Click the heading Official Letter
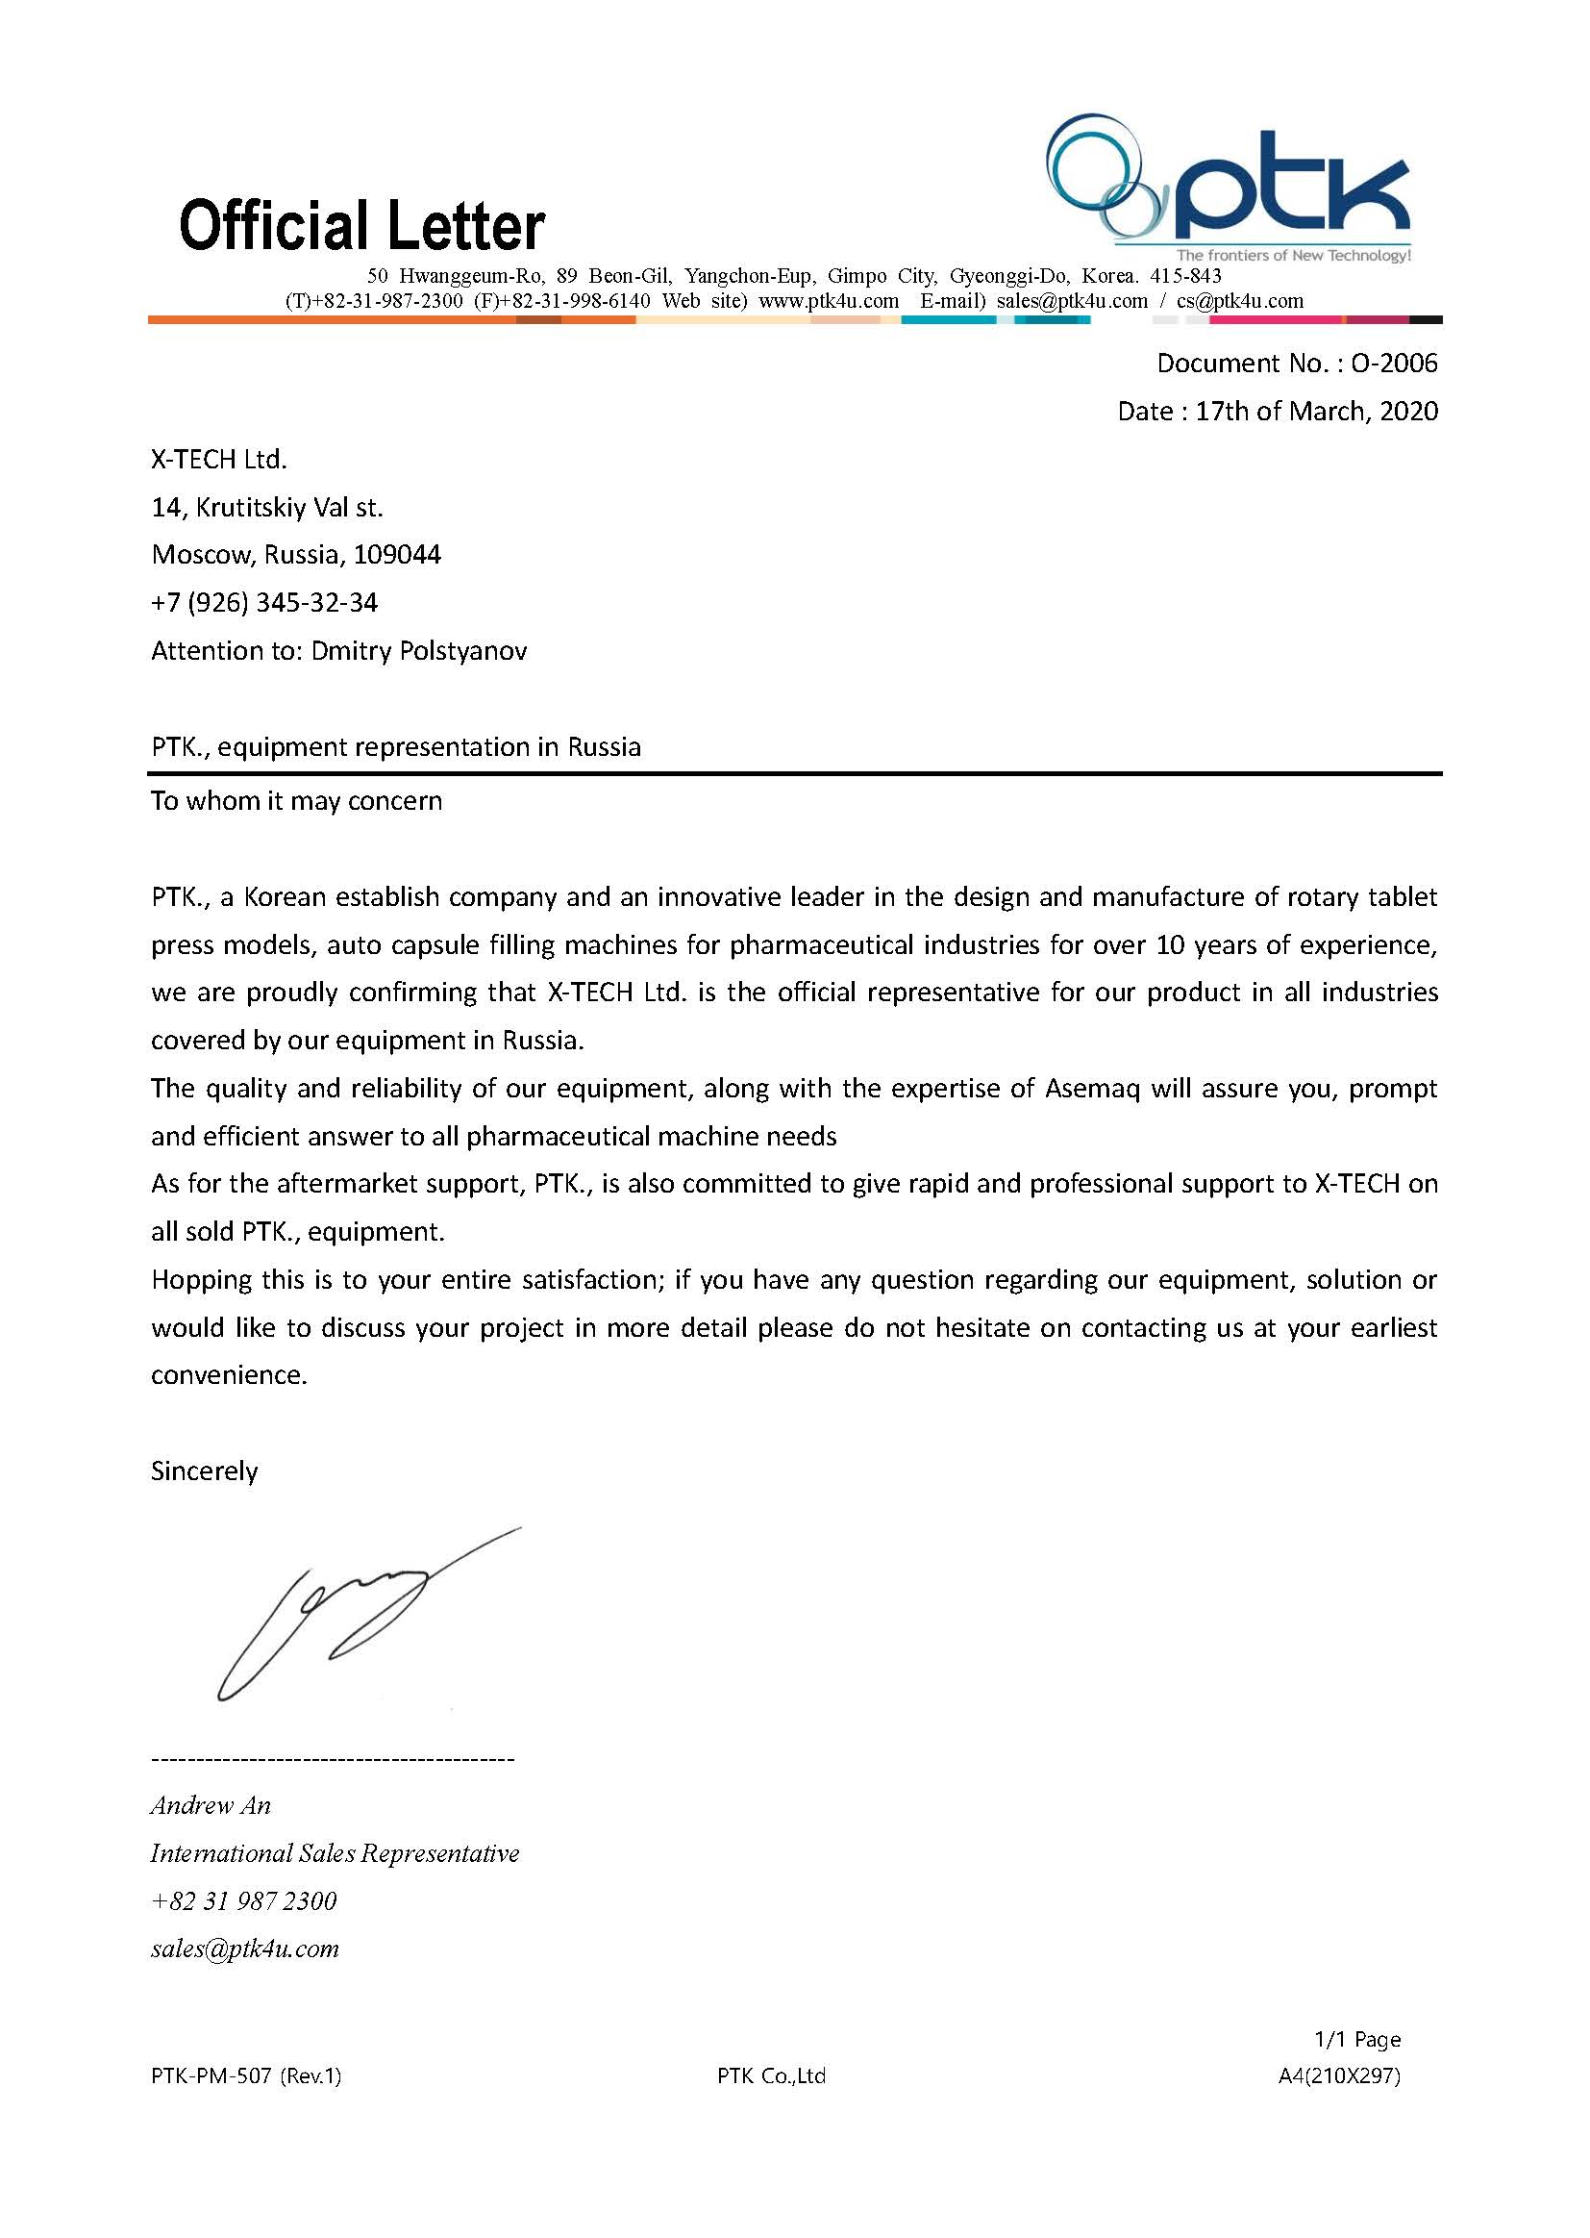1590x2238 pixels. (x=361, y=225)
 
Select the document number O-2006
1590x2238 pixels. (x=1393, y=364)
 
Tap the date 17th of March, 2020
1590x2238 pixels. (x=1316, y=412)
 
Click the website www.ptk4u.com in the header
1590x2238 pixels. (x=829, y=302)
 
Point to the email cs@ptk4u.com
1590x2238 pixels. (x=1239, y=302)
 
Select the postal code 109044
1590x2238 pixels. (x=396, y=555)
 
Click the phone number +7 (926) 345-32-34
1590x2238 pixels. (x=264, y=603)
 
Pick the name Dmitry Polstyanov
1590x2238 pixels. (x=418, y=651)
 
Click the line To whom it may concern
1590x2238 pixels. (x=297, y=801)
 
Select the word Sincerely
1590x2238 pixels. (x=205, y=1472)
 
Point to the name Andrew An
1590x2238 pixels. (x=211, y=1806)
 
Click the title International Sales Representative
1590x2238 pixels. (x=335, y=1854)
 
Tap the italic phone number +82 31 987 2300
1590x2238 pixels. (x=244, y=1902)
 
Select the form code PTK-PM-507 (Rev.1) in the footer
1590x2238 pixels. (x=247, y=2076)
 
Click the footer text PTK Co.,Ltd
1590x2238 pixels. (x=772, y=2076)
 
